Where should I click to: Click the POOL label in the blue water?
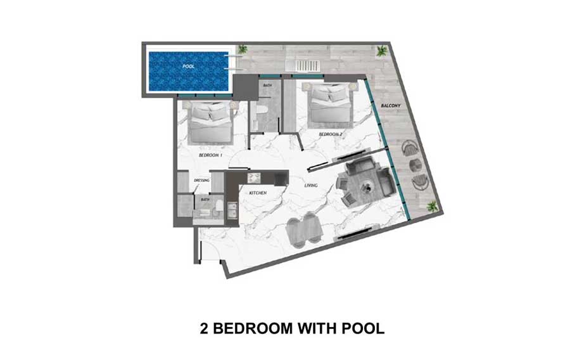189,67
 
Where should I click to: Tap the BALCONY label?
391,106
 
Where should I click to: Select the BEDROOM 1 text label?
210,155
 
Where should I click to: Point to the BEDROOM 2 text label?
331,134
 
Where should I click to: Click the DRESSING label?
201,181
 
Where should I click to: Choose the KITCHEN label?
258,193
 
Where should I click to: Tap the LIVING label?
311,185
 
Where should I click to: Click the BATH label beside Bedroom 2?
267,86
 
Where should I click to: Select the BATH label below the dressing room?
205,200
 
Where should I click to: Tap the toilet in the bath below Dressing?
220,205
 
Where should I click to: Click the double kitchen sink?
232,210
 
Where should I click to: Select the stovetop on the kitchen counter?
255,177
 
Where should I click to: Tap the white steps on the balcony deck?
303,66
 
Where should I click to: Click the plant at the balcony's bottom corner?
432,206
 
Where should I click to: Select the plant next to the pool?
243,49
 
